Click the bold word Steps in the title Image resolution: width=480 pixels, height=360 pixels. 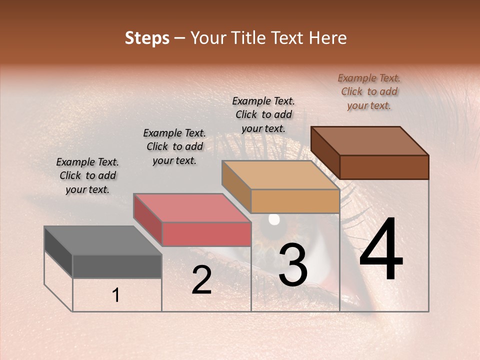tap(147, 38)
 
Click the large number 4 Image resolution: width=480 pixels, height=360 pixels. tap(381, 250)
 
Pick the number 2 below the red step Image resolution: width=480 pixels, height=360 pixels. tap(201, 280)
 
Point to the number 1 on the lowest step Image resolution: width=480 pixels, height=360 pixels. tap(115, 295)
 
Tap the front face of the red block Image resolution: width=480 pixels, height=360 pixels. tap(206, 234)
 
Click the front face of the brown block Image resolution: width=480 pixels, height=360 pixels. tap(384, 167)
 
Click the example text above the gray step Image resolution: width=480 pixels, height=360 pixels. tap(87, 175)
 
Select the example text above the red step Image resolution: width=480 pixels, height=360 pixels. tap(174, 146)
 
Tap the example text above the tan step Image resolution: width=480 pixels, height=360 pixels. tap(263, 114)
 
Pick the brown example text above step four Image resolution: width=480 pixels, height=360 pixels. tap(369, 91)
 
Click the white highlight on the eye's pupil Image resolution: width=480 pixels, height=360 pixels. tap(274, 219)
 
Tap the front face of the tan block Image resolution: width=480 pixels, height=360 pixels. tap(295, 201)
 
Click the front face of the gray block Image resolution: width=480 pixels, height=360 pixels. tap(117, 266)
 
